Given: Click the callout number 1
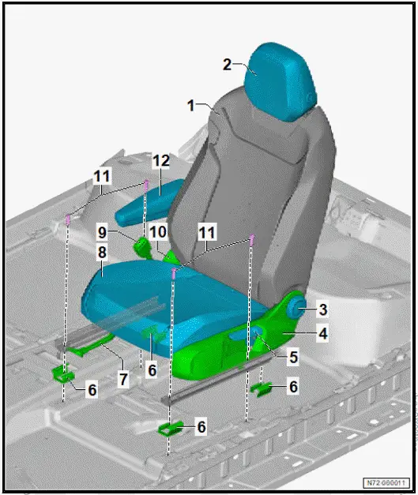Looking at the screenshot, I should (190, 103).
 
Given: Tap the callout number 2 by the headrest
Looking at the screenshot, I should (228, 64).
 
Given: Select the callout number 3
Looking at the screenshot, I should (323, 308).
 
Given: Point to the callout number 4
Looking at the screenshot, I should (322, 334).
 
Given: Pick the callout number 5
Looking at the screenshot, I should (293, 357).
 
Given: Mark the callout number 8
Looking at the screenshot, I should (102, 254).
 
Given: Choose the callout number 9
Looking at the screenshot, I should (102, 233).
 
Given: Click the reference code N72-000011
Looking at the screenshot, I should (386, 482).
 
